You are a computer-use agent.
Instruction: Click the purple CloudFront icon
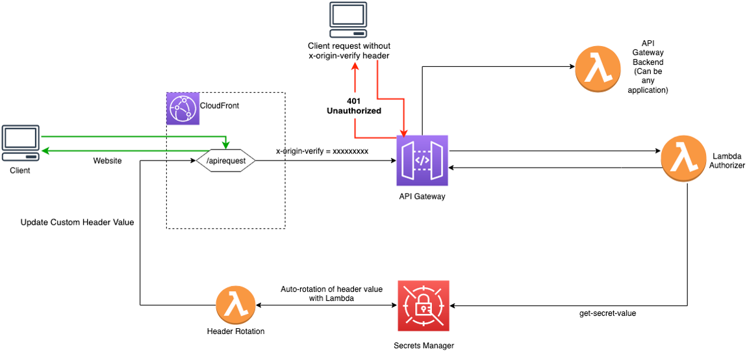coord(183,108)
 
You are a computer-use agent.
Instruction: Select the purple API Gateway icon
coord(422,161)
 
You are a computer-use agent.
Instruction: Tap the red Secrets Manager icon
coord(423,306)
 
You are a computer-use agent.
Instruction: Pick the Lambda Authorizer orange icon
coord(683,159)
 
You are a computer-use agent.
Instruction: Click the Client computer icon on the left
coord(20,144)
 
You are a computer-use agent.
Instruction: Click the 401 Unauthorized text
coord(353,106)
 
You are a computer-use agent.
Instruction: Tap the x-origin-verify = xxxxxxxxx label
coord(322,151)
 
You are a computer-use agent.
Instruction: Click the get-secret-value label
coord(607,313)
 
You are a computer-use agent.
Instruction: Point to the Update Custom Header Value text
coord(77,222)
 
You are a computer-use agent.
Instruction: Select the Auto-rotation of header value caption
coord(331,294)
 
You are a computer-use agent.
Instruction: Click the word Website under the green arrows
coord(107,161)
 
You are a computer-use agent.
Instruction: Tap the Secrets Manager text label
coord(424,346)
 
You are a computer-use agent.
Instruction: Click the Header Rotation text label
coord(236,331)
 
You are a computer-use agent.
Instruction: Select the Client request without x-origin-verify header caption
coord(349,51)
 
